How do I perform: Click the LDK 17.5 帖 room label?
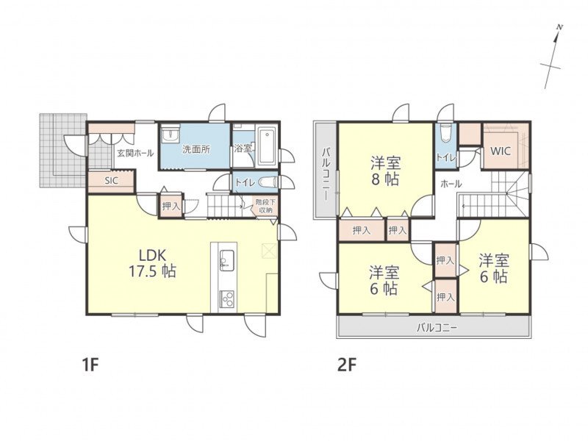click(153, 263)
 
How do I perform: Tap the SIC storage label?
click(112, 181)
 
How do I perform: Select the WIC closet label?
click(501, 151)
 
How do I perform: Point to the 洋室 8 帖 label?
click(385, 171)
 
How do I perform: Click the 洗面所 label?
click(196, 149)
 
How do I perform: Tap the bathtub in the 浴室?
click(267, 146)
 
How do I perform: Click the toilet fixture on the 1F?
click(268, 182)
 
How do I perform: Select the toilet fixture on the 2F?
click(446, 133)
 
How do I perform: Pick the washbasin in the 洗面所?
click(171, 135)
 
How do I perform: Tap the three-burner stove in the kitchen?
click(226, 299)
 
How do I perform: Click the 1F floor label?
click(90, 365)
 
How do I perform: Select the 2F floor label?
click(346, 365)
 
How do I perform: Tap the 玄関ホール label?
click(135, 153)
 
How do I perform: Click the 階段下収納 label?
click(265, 207)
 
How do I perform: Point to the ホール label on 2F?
click(451, 184)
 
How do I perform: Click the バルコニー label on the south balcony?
click(437, 328)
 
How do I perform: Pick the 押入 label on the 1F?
click(171, 206)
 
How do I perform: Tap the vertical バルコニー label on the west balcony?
click(326, 173)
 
